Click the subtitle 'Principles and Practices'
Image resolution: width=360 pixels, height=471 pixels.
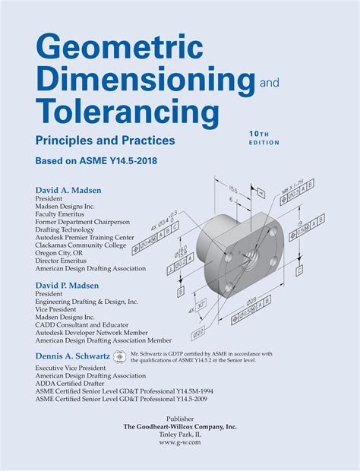(x=105, y=140)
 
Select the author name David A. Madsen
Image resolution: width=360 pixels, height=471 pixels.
(x=71, y=189)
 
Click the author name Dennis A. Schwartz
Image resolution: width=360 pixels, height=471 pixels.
(x=72, y=356)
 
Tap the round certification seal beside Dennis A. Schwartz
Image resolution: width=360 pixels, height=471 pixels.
(x=119, y=356)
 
